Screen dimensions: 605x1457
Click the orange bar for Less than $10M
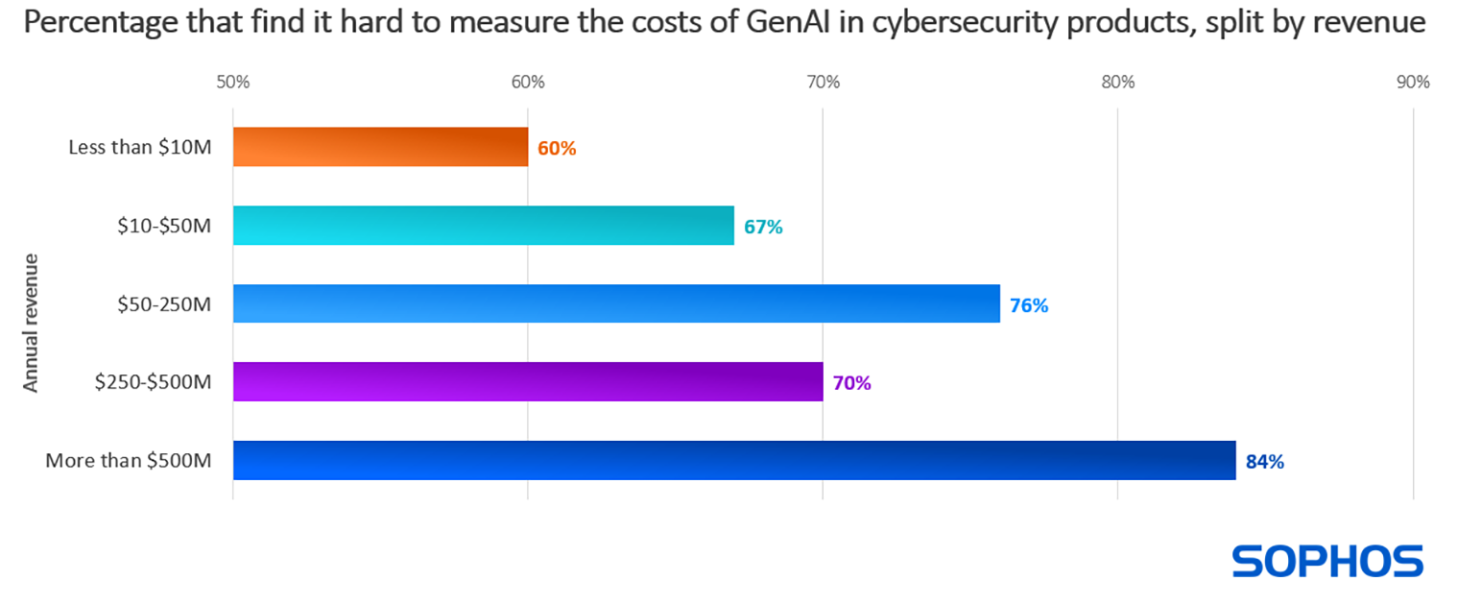pyautogui.click(x=380, y=147)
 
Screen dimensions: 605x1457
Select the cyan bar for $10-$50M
pyautogui.click(x=483, y=226)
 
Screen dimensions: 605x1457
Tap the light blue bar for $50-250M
pyautogui.click(x=615, y=303)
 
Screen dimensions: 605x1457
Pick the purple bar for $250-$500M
pyautogui.click(x=527, y=381)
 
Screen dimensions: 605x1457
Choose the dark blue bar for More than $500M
pyautogui.click(x=733, y=460)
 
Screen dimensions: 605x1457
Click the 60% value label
pyautogui.click(x=557, y=149)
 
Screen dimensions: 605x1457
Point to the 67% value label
pyautogui.click(x=763, y=228)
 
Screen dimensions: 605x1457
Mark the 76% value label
pyautogui.click(x=1029, y=305)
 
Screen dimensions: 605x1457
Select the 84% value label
pyautogui.click(x=1265, y=462)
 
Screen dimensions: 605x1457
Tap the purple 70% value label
pyautogui.click(x=851, y=383)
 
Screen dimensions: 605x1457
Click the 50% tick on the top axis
pyautogui.click(x=233, y=82)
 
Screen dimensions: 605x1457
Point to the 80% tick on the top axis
pyautogui.click(x=1118, y=82)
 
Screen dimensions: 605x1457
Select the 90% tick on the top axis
pyautogui.click(x=1413, y=82)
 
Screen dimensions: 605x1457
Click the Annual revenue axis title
pyautogui.click(x=31, y=322)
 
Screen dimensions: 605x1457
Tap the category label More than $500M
pyautogui.click(x=128, y=461)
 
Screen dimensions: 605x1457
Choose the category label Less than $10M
pyautogui.click(x=139, y=148)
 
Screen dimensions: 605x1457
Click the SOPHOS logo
pyautogui.click(x=1327, y=561)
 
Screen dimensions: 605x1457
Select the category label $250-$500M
pyautogui.click(x=153, y=382)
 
